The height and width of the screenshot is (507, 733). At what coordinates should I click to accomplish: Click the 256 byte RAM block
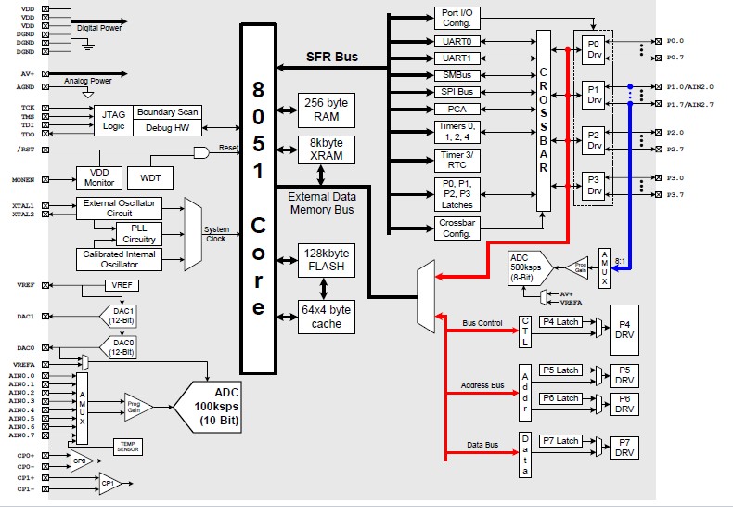(x=326, y=109)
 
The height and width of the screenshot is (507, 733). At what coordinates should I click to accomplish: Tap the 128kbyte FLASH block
(x=326, y=261)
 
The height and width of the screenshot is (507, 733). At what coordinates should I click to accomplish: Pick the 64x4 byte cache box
(x=326, y=317)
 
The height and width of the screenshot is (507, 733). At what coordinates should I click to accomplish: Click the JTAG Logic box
(x=113, y=120)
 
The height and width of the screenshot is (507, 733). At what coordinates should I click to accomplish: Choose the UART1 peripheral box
(x=457, y=58)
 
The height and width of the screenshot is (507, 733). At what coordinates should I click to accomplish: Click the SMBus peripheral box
(x=457, y=75)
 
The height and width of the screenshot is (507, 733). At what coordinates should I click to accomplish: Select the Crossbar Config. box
(x=457, y=227)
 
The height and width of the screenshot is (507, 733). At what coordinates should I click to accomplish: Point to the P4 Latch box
(x=560, y=321)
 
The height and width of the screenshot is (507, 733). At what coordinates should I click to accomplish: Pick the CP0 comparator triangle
(x=81, y=461)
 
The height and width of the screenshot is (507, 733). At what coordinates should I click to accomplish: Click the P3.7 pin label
(x=675, y=194)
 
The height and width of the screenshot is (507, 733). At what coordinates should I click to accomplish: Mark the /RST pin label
(x=26, y=149)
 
